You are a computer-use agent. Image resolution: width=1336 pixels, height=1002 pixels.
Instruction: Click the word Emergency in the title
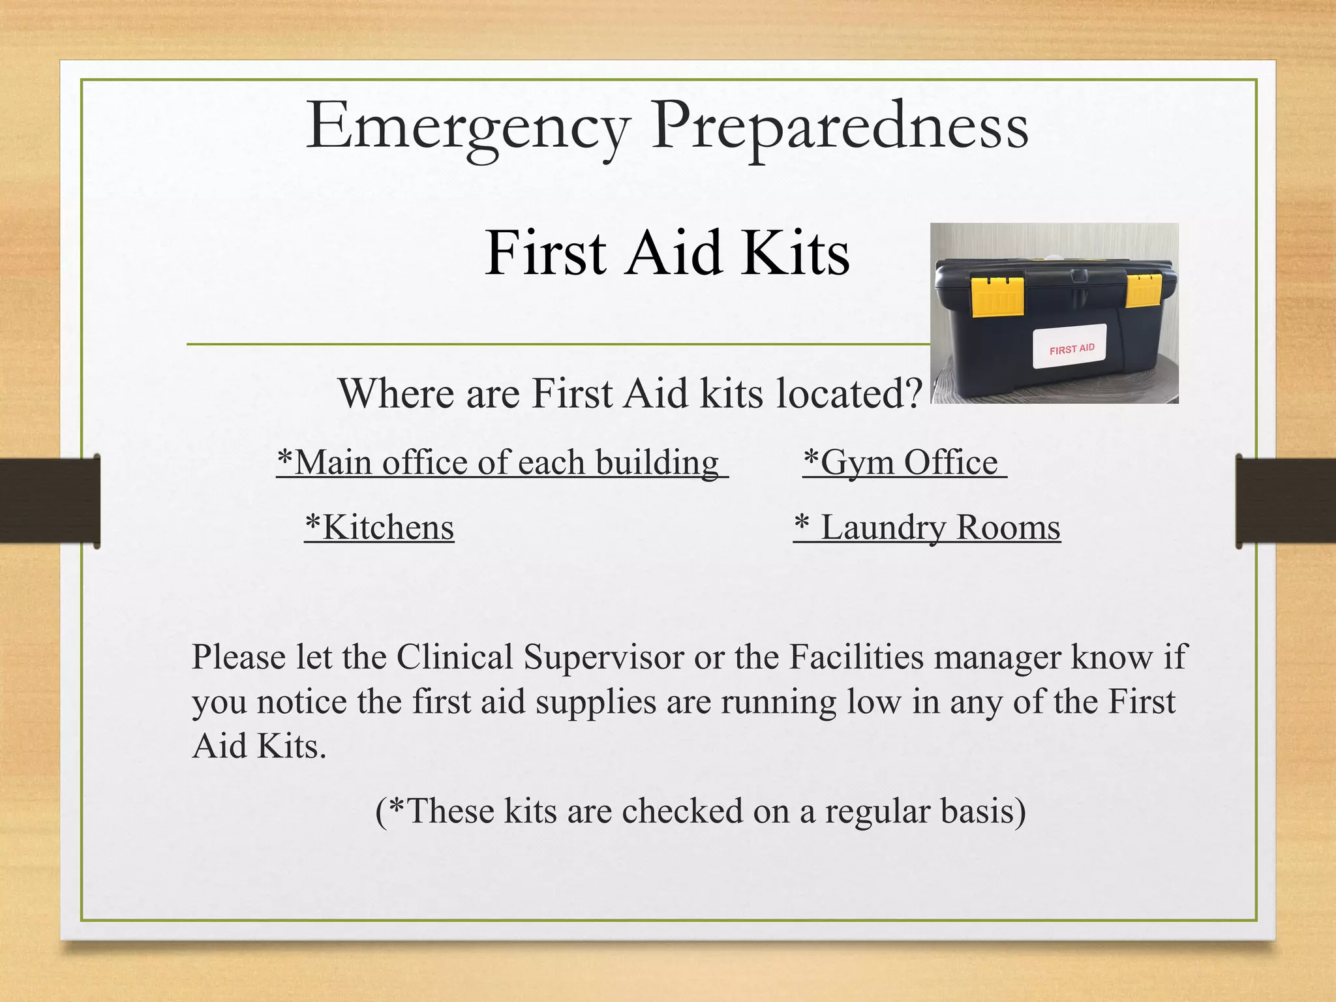click(467, 127)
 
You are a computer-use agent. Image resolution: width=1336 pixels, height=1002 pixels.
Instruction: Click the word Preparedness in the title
click(840, 127)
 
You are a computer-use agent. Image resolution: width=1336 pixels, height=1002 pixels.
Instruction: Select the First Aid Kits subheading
click(667, 253)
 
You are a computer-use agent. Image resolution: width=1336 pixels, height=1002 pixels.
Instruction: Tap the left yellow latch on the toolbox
click(997, 296)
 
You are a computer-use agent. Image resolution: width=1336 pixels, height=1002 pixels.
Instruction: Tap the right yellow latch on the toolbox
click(1144, 290)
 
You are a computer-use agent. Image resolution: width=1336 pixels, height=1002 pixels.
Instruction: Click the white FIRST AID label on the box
click(1070, 346)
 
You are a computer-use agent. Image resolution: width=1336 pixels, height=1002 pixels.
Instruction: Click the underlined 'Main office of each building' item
click(501, 463)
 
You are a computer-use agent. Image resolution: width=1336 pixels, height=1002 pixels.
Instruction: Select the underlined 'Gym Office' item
click(904, 463)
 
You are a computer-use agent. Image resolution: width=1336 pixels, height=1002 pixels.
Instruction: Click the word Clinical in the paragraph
click(455, 657)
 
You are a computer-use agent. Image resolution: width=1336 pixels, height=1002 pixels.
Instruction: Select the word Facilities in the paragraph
click(857, 657)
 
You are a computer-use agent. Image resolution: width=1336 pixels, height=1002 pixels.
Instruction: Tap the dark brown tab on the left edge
click(50, 500)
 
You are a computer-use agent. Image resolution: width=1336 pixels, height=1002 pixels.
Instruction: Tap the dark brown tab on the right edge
click(1285, 500)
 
